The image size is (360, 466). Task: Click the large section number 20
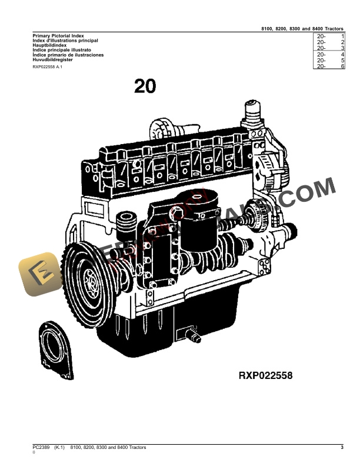[x=145, y=86]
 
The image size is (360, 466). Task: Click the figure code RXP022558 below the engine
[x=265, y=375]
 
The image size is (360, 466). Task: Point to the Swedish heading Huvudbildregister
[x=52, y=59]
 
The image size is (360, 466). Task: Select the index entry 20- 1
[x=329, y=36]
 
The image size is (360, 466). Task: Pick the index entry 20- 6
[x=329, y=66]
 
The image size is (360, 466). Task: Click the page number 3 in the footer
[x=342, y=448]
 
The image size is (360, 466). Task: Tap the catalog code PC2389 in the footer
[x=42, y=448]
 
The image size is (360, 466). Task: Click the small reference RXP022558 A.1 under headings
[x=47, y=68]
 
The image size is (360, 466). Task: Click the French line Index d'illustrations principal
[x=65, y=40]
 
